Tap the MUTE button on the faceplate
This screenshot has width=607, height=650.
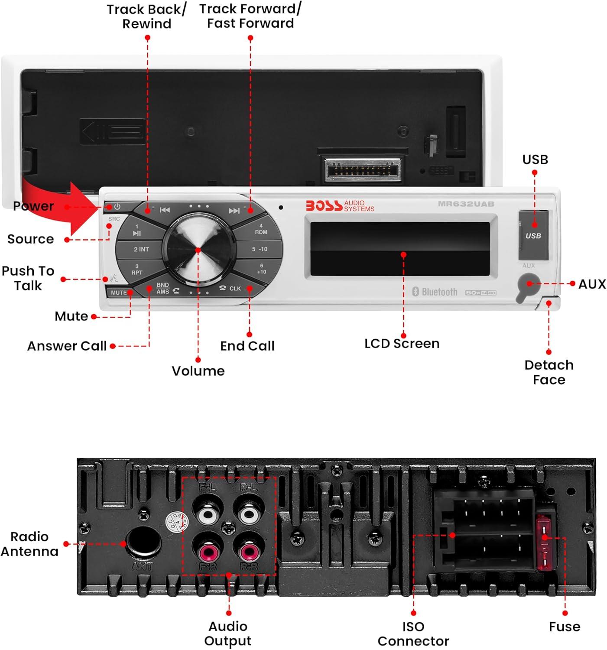pos(119,292)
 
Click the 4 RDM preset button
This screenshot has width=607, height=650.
pos(261,229)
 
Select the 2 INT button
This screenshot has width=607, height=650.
pos(141,249)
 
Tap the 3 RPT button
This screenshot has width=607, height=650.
pos(137,270)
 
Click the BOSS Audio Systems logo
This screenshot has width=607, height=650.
pos(340,206)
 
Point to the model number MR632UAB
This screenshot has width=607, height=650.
pos(466,204)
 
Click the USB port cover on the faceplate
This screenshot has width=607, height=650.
pos(533,235)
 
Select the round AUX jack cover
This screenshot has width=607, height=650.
pos(528,285)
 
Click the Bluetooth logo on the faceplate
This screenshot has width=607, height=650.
pos(435,292)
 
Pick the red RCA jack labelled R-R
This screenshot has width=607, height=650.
pos(248,551)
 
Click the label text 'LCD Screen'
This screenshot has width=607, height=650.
pos(402,344)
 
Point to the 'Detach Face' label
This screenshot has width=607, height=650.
pos(549,372)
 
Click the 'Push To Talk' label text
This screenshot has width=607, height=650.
pos(28,278)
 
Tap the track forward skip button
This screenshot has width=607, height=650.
pos(234,211)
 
